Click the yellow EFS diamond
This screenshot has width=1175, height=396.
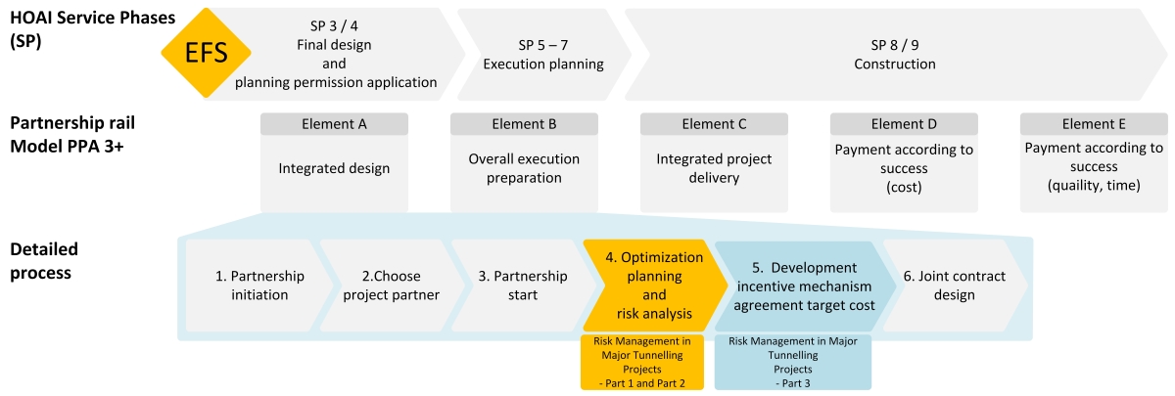(206, 53)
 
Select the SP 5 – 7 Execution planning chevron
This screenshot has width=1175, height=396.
(544, 55)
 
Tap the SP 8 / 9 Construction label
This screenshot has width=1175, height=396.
(894, 55)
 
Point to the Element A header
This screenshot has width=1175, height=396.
(334, 124)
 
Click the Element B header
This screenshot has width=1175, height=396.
(524, 124)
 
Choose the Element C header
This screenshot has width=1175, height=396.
(714, 124)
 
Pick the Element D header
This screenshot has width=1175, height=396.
(904, 124)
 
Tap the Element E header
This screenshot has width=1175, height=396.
(1094, 124)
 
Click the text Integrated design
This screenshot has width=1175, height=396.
(334, 168)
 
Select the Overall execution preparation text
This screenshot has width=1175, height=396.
(524, 168)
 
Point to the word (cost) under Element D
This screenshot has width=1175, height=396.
(904, 187)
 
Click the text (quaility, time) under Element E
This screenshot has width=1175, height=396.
(1094, 185)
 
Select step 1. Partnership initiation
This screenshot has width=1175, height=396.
(259, 286)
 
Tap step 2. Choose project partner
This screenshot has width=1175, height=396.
(392, 286)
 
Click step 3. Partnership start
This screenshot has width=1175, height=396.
(523, 286)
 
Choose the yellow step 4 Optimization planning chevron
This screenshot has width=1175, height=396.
(655, 286)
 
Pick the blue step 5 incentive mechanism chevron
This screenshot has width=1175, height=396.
(804, 286)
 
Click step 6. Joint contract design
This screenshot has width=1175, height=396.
(954, 286)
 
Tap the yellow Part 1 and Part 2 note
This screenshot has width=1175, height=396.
(642, 362)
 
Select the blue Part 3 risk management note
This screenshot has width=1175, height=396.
(792, 362)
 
